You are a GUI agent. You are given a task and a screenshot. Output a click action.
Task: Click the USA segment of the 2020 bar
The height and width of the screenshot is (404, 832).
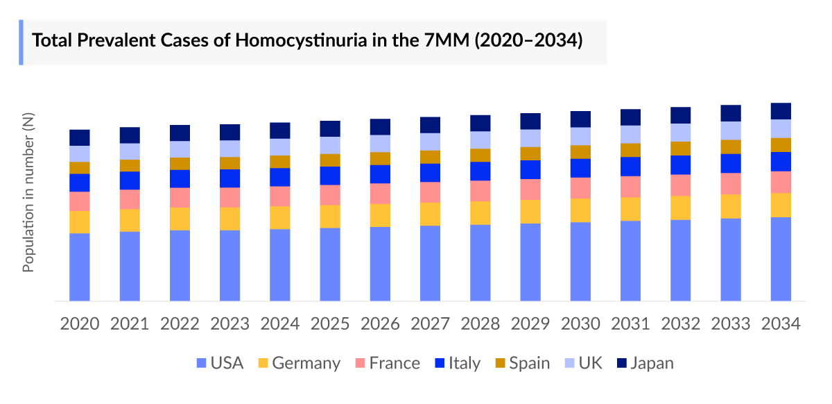80,267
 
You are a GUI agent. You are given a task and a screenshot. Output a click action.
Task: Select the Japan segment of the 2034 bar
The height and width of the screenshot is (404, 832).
781,111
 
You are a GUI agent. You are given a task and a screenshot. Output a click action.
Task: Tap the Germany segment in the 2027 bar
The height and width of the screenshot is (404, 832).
430,214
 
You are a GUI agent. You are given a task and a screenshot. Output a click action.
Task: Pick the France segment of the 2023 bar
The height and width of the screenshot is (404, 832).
230,197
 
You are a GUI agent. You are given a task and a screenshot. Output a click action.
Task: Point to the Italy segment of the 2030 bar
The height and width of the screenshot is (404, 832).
580,168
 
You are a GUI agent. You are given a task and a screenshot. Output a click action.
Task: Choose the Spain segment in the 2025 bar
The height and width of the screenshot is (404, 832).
330,160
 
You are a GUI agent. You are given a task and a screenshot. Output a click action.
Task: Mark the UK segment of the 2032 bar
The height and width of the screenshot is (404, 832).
681,133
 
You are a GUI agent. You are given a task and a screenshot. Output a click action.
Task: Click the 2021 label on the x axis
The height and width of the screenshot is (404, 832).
130,324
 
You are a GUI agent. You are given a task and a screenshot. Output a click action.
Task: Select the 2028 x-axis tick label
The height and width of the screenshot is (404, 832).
480,324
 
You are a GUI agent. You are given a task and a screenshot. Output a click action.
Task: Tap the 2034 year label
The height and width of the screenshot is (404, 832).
781,324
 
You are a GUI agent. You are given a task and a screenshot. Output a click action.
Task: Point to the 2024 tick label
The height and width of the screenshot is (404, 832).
280,324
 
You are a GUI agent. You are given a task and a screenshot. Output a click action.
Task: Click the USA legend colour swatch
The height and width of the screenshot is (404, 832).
202,363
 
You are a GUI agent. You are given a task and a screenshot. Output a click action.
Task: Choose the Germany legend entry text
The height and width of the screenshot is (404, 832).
306,363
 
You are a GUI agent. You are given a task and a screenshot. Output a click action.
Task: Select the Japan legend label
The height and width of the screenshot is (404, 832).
652,363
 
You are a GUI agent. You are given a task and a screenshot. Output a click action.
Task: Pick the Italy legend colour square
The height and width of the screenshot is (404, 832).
440,363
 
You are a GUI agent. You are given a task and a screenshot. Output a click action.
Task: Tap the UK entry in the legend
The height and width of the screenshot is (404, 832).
590,363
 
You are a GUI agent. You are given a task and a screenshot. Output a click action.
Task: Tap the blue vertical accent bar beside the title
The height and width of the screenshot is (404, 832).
21,42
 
